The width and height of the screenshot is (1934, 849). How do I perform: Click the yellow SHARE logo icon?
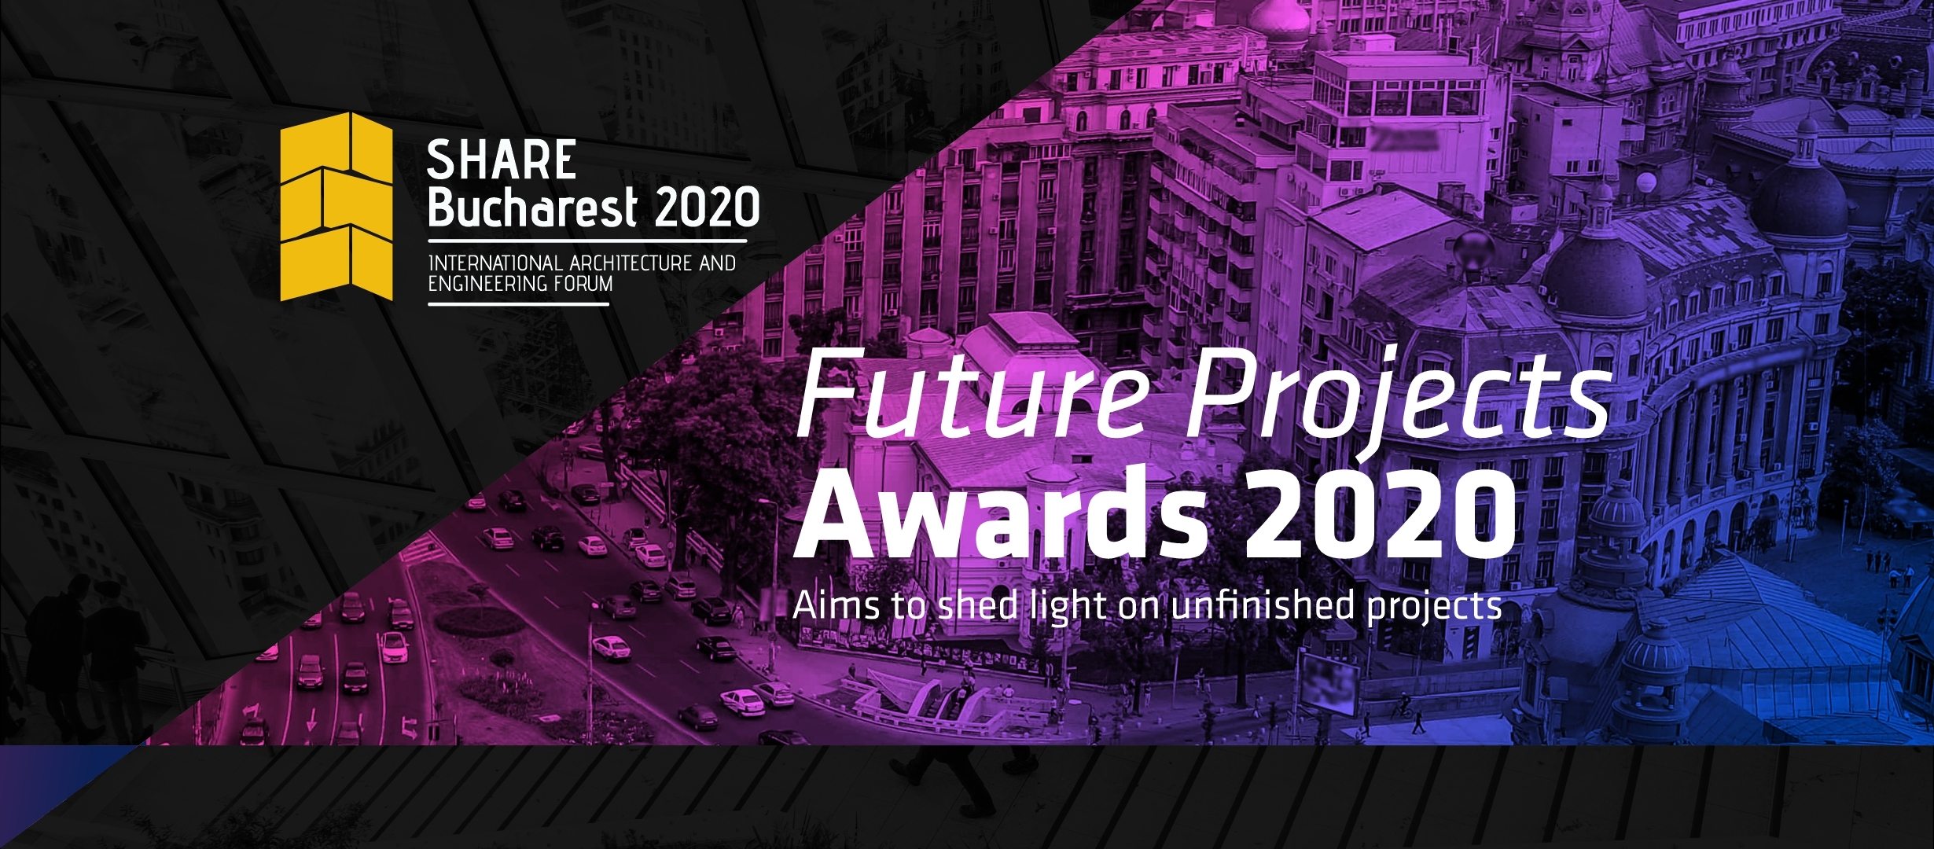pos(336,207)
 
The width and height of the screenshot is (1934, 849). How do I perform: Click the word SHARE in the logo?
pos(502,160)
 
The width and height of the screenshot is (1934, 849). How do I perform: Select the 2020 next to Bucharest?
pos(707,207)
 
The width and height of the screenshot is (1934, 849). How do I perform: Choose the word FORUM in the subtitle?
pos(583,283)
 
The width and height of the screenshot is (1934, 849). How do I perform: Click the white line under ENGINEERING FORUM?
pos(519,303)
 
